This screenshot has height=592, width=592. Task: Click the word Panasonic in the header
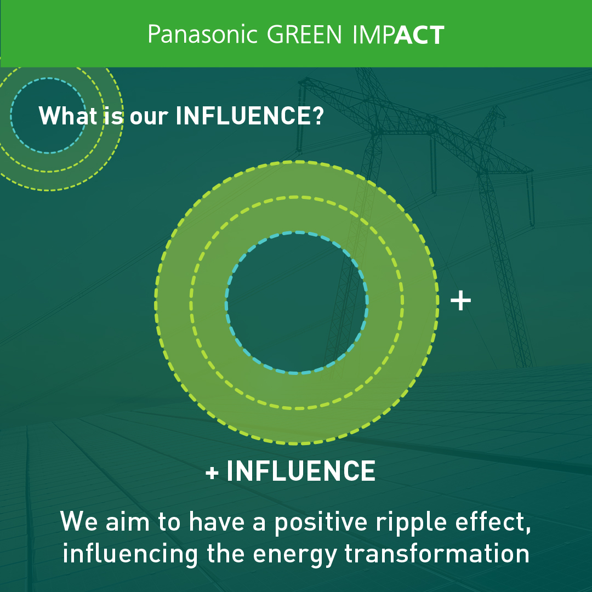tap(202, 35)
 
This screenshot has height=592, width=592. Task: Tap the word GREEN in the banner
tap(304, 35)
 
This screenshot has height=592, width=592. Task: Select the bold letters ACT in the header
tap(419, 35)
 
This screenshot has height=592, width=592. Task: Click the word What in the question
tap(68, 115)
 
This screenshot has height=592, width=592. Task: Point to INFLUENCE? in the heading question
tap(249, 116)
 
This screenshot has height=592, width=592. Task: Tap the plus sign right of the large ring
tap(460, 301)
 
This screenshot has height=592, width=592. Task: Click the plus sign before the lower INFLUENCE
tap(212, 473)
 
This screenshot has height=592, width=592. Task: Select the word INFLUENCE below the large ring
tap(301, 471)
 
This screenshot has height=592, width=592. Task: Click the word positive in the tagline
tap(321, 522)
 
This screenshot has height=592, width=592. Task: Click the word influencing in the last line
tap(130, 554)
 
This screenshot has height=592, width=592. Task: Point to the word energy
tap(295, 555)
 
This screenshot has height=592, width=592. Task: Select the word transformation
tap(437, 553)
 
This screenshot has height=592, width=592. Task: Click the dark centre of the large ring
tap(297, 303)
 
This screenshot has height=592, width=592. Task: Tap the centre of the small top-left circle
tap(48, 116)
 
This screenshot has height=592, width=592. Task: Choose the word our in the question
tap(149, 117)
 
